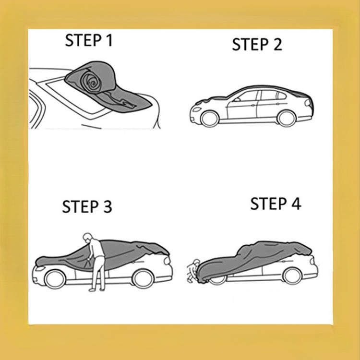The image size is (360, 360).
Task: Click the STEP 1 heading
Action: coord(89,40)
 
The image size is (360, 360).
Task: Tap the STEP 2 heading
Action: coord(257,44)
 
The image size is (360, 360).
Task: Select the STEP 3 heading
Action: coord(87,206)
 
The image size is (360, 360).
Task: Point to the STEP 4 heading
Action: coord(276,204)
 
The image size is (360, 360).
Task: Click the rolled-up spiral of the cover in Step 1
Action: coord(91,82)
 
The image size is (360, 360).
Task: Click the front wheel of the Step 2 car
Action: coord(209,119)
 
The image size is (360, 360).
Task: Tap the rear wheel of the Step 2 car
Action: coord(287,119)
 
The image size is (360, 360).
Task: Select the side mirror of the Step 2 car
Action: coord(237,100)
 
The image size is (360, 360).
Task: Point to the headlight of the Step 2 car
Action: coord(196,109)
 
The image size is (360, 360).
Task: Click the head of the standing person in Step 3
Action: coord(88,238)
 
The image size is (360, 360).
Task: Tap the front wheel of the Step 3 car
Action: coord(55,279)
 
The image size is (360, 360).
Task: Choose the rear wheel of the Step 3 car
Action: coord(143,279)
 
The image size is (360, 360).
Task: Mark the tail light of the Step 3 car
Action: coord(167,260)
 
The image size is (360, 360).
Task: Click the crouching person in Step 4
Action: coord(192,271)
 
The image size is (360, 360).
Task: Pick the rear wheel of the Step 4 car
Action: coord(292,276)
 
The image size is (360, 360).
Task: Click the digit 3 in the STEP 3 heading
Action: coord(108,206)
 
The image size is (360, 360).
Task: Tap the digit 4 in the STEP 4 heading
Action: coord(296,204)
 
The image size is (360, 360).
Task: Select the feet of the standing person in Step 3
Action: coord(96,290)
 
